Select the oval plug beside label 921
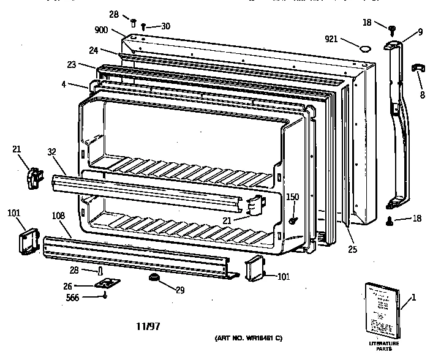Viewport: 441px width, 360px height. tap(365, 47)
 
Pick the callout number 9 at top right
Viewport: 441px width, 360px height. tap(420, 32)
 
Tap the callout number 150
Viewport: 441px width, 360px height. tap(293, 197)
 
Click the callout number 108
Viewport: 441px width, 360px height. tap(59, 216)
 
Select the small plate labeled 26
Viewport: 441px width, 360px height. tap(107, 285)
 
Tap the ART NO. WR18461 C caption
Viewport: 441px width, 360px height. tap(248, 339)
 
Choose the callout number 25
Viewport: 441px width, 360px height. tap(352, 250)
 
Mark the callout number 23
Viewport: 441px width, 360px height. tap(72, 64)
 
